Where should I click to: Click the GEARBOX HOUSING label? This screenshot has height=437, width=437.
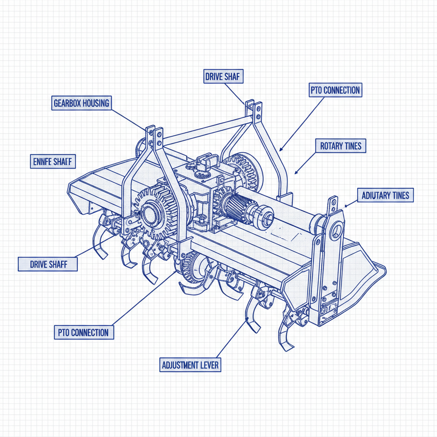coord(82,103)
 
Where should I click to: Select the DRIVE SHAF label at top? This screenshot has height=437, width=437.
coord(222,77)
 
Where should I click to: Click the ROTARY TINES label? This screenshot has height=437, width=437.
coord(341,146)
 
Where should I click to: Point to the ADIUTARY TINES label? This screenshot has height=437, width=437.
coord(385,195)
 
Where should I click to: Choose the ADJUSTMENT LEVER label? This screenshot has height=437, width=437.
coord(191,365)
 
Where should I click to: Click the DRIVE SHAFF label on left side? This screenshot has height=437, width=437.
coord(48,264)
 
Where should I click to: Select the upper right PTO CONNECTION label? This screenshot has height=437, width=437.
coord(335,90)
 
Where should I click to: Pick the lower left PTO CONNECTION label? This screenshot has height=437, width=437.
coord(84,332)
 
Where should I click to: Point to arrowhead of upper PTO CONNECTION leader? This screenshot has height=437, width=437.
coord(280,150)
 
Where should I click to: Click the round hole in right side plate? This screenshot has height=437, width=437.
coord(337,230)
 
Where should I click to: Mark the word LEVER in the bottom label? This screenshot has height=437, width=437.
coord(210,365)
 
